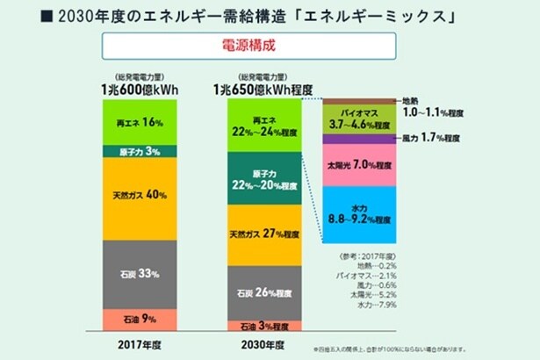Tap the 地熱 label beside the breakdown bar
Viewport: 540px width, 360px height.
(x=410, y=101)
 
